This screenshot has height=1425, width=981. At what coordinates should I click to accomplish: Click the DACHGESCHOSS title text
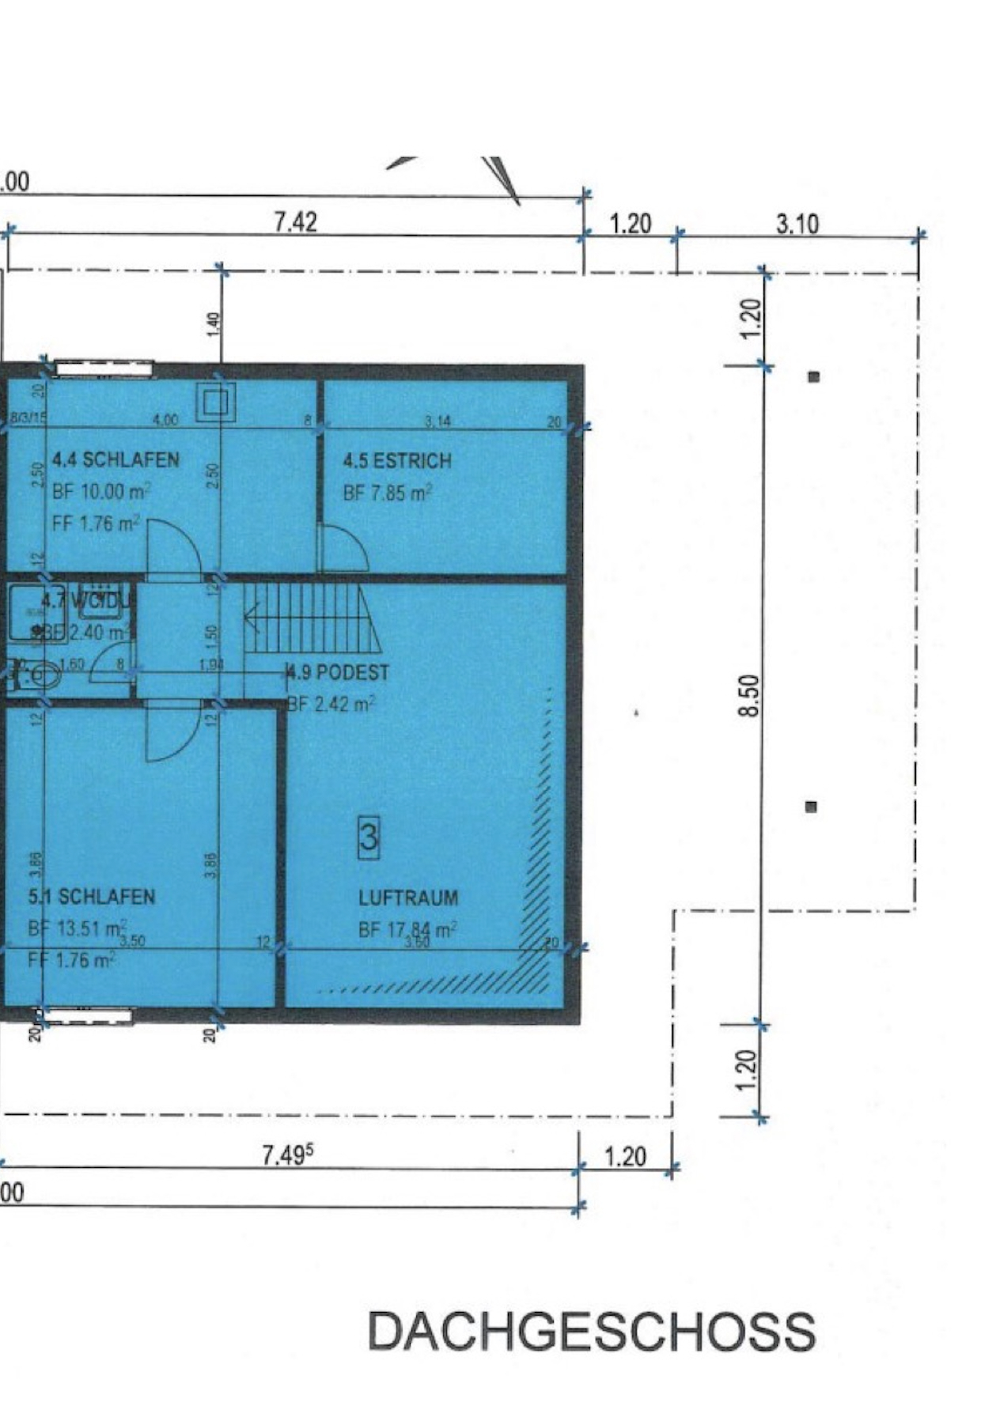(x=591, y=1332)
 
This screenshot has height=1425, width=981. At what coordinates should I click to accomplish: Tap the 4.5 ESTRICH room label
(x=397, y=460)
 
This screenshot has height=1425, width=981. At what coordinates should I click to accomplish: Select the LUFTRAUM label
(x=408, y=898)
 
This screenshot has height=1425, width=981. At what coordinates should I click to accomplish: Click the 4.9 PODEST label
(x=339, y=672)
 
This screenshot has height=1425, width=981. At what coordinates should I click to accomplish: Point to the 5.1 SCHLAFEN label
(x=92, y=897)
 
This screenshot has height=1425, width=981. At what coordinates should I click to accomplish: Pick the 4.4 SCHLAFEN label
(x=116, y=459)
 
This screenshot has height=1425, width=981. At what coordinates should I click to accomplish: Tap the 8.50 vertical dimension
(x=751, y=695)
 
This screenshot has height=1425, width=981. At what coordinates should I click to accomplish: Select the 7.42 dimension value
(x=296, y=221)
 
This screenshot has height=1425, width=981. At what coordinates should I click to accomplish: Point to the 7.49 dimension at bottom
(x=287, y=1156)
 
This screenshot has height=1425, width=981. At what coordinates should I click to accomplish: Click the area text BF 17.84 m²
(x=407, y=930)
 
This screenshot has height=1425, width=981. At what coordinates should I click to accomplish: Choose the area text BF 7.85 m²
(x=388, y=493)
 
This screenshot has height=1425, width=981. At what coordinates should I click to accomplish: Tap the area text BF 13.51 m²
(x=78, y=928)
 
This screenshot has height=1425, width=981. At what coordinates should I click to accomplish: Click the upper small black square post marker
(x=813, y=377)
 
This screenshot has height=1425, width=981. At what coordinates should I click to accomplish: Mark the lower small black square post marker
(x=810, y=807)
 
